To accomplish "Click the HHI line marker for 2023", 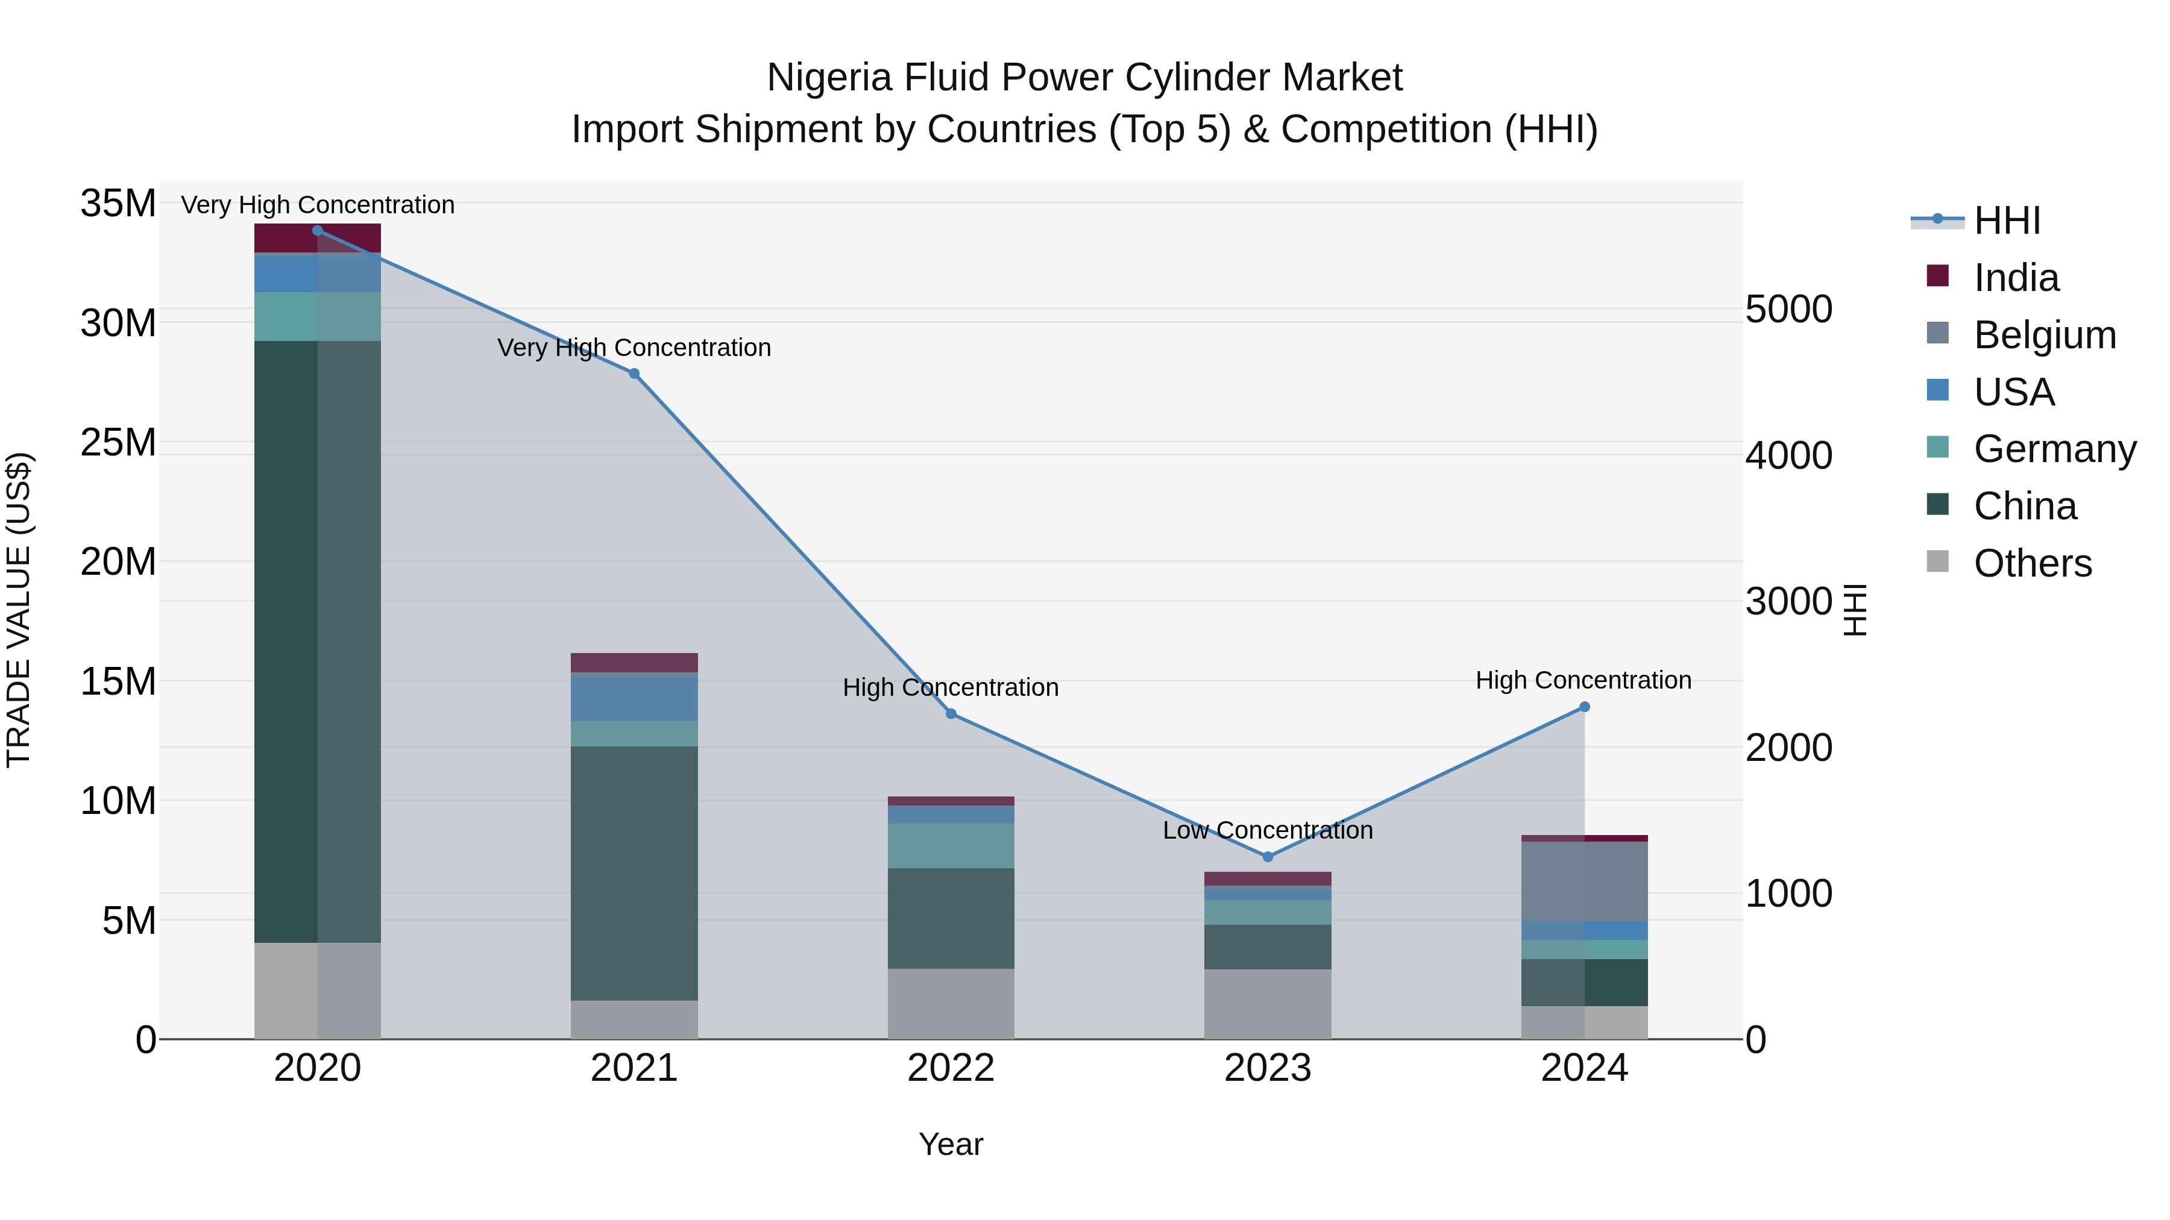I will click(x=1267, y=856).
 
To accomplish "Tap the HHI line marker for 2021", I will click(x=634, y=374).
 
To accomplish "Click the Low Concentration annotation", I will click(x=1267, y=830).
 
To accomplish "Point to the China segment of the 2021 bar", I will click(x=634, y=872).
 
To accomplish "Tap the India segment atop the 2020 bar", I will click(x=286, y=237).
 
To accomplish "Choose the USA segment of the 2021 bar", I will click(x=634, y=697).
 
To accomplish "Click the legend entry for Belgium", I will click(x=2045, y=335).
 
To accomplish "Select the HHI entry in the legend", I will click(x=2007, y=221).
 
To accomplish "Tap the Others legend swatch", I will click(x=1937, y=562).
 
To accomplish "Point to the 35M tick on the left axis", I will click(x=118, y=204).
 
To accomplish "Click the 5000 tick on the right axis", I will click(x=1788, y=309).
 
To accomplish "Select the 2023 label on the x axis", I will click(x=1267, y=1068).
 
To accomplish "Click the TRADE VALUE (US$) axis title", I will click(x=19, y=610).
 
